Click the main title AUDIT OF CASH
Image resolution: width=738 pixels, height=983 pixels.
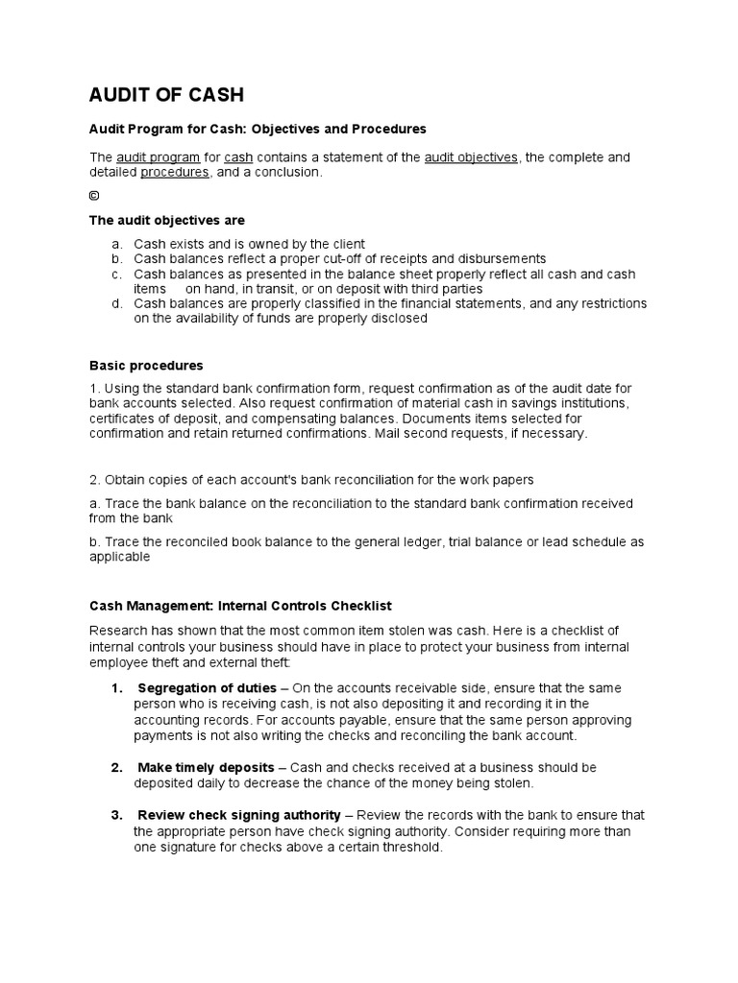[x=166, y=94]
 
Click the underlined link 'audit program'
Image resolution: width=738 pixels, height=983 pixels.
[x=158, y=157]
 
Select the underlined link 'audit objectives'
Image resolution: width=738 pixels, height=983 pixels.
[x=471, y=157]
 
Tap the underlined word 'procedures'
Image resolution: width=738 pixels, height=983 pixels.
[x=175, y=173]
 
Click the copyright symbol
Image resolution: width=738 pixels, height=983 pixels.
[x=94, y=196]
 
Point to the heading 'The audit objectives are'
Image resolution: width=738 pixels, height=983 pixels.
[x=167, y=220]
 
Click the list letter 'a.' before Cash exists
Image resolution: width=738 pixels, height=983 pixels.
[x=116, y=244]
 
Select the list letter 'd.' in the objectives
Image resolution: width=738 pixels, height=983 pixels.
[x=116, y=303]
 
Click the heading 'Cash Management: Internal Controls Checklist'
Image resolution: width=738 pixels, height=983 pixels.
[x=240, y=606]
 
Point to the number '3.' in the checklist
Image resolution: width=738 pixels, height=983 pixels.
[x=116, y=816]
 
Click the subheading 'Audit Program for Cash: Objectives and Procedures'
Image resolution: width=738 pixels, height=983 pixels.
[x=258, y=129]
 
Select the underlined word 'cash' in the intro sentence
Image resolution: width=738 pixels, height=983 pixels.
[x=238, y=157]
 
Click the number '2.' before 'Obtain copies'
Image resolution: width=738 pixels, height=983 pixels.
[x=95, y=480]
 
